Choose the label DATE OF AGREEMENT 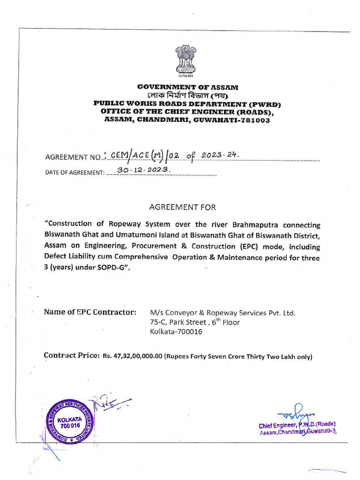coord(75,172)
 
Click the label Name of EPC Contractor coord(90,312)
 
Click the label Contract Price coord(71,355)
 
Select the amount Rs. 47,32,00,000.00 coord(132,356)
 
